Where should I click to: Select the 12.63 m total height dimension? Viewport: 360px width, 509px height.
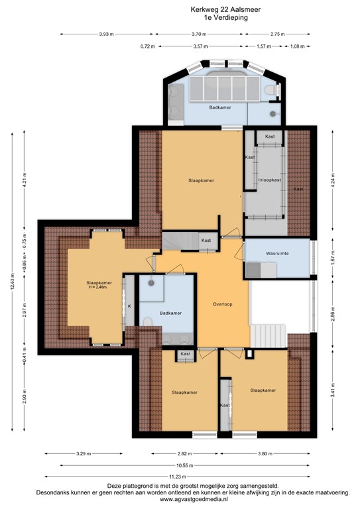pos(11,284)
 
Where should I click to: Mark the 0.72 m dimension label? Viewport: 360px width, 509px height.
pos(147,46)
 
